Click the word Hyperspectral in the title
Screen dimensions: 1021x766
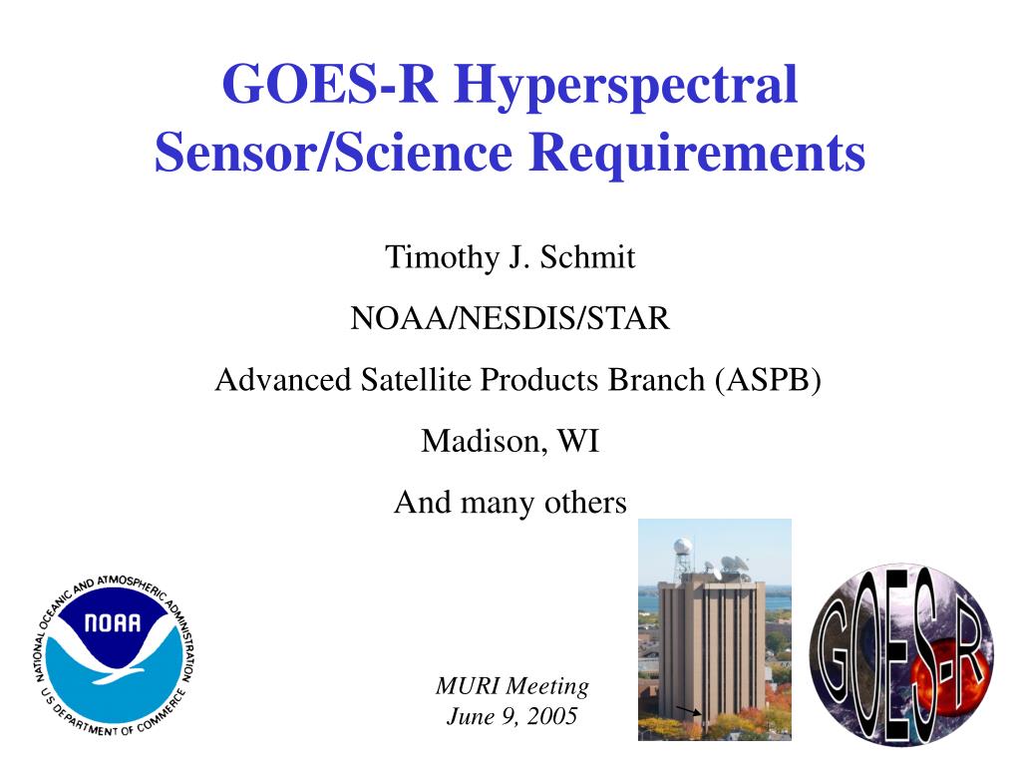coord(626,86)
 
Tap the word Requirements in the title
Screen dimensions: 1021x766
coord(697,153)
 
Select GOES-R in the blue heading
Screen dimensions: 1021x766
coord(329,84)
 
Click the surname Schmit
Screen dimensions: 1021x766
coord(587,256)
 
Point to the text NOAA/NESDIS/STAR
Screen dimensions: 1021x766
coord(510,318)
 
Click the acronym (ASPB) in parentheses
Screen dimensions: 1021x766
coord(768,380)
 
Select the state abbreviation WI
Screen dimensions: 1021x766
coord(578,441)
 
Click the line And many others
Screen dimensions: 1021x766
coord(510,503)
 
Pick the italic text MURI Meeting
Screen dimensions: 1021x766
coord(512,686)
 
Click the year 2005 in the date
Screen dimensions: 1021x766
coord(552,716)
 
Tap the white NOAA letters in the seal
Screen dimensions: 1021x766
coord(113,623)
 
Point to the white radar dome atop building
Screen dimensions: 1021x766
coord(683,546)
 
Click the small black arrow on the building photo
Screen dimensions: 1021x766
coord(688,710)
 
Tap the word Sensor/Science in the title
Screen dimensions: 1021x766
coord(334,153)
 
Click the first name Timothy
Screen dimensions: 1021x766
coord(442,256)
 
